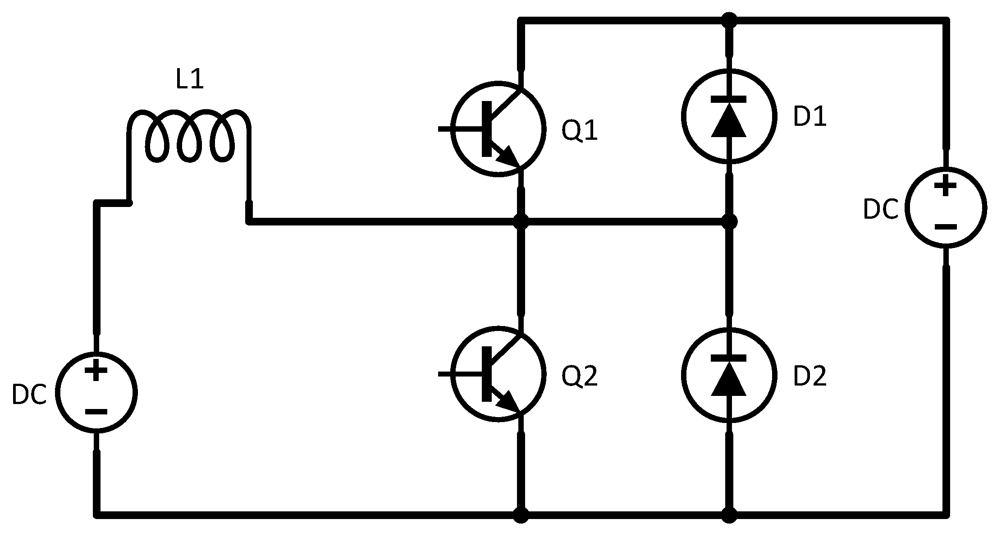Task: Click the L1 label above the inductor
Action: [x=190, y=80]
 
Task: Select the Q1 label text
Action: [x=580, y=131]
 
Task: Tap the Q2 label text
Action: [x=580, y=377]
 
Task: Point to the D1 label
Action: [x=810, y=117]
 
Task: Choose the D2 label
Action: [x=810, y=377]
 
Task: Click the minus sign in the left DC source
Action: [x=96, y=412]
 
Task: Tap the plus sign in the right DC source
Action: [x=945, y=186]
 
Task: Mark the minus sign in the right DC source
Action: [x=945, y=227]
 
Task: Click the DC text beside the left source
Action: [x=29, y=395]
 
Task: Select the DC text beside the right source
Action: [x=881, y=210]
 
